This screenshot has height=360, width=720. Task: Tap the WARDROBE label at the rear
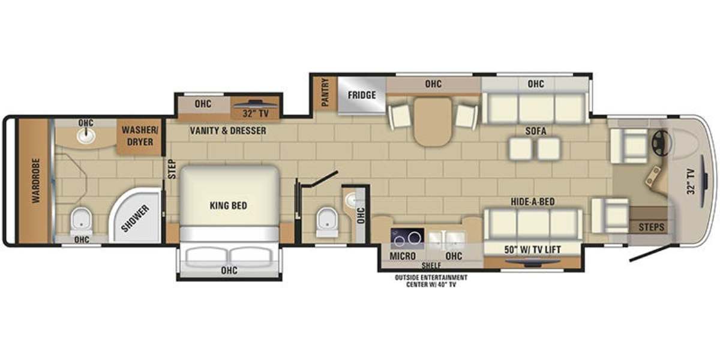[36, 181]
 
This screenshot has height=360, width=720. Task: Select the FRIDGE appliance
[361, 95]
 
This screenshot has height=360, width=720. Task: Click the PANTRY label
[325, 92]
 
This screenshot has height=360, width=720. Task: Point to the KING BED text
[229, 205]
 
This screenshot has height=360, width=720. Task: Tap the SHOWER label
[136, 218]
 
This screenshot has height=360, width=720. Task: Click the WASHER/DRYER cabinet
[140, 136]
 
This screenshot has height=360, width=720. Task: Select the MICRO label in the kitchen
[403, 256]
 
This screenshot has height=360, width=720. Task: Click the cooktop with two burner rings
[407, 239]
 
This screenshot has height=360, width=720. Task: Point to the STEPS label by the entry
[651, 227]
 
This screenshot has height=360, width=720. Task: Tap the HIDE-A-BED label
[533, 202]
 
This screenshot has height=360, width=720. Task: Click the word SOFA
[536, 131]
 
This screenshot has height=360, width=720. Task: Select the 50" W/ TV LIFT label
[532, 250]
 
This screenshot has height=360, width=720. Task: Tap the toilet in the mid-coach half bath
[327, 223]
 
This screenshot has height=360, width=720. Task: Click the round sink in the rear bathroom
[86, 136]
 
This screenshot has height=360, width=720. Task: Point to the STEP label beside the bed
[172, 169]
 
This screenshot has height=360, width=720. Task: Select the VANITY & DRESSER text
[228, 131]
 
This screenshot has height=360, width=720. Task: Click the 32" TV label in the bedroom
[256, 114]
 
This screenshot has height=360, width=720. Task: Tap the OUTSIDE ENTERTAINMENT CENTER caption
[431, 281]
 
